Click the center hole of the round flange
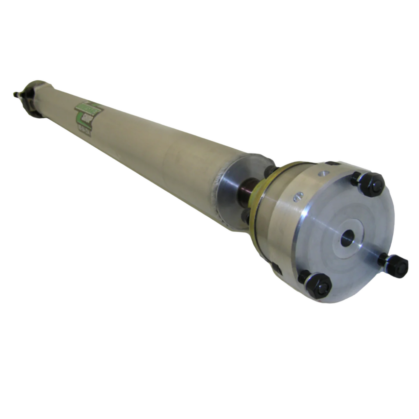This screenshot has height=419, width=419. click(347, 237)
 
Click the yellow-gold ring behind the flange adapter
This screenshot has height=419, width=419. click(256, 205)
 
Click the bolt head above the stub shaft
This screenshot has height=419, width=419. click(270, 171)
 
